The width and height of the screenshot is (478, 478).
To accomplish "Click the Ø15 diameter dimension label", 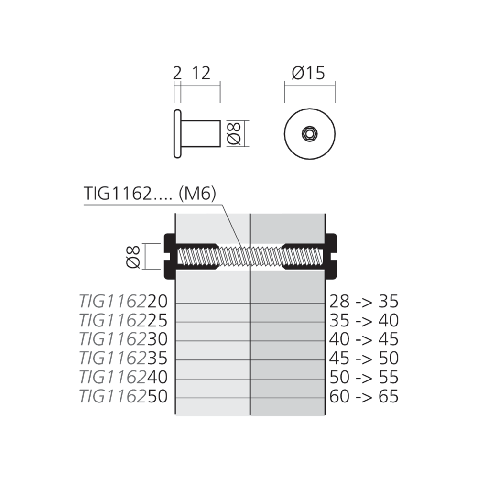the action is (x=308, y=74).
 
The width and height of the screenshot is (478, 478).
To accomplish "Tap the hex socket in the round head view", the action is (x=310, y=133).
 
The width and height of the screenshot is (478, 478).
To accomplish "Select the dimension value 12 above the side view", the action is (x=201, y=74).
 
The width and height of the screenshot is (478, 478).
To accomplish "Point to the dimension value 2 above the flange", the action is (x=177, y=74).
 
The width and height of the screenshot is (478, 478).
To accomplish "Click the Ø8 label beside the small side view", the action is (x=234, y=133).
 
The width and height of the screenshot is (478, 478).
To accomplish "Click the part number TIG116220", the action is (x=123, y=302).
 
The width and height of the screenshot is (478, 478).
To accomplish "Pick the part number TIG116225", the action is (x=123, y=320).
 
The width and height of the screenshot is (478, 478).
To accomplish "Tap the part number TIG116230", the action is (x=123, y=339).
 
